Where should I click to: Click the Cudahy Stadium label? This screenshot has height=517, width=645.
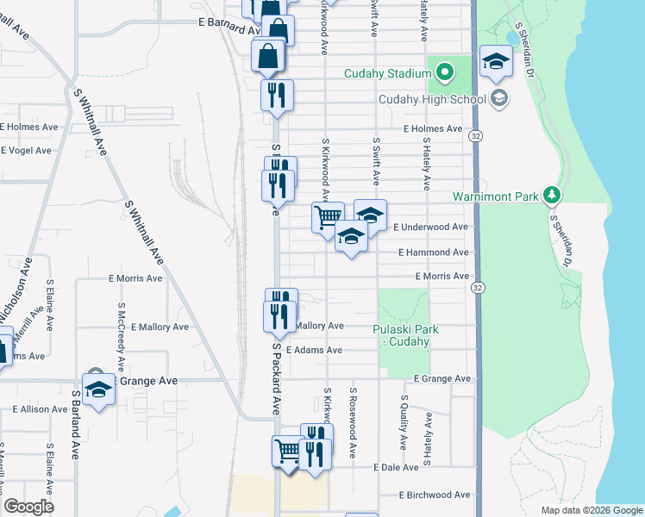386,73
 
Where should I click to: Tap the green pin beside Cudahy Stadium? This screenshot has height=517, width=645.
445,72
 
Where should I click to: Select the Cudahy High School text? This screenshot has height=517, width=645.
432,99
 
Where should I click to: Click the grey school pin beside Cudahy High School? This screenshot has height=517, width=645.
498,99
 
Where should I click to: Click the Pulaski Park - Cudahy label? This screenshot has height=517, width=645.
405,335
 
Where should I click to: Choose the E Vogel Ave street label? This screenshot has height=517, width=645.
26,150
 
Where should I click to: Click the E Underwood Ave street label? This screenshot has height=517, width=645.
431,227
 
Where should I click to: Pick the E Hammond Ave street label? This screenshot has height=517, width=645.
434,252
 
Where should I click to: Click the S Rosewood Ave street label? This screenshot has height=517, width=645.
353,422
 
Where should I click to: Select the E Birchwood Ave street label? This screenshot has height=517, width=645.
435,495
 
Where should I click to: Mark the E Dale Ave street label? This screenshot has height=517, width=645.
396,467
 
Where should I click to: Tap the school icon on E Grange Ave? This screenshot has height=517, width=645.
99,388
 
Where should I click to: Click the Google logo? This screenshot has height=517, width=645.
28,507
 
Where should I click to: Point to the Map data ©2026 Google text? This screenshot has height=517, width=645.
592,510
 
